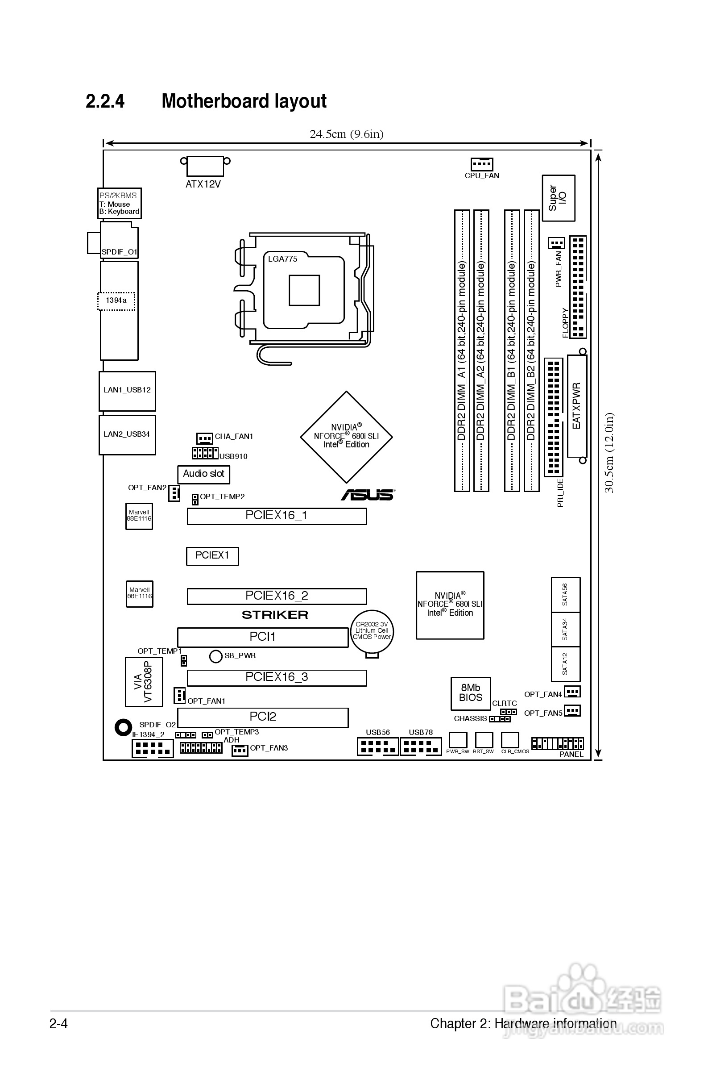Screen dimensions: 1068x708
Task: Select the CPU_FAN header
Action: pyautogui.click(x=481, y=164)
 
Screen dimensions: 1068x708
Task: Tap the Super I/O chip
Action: pyautogui.click(x=558, y=198)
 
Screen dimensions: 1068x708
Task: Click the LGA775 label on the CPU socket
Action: pyautogui.click(x=283, y=259)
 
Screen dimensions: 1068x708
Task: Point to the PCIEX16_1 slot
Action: pyautogui.click(x=276, y=516)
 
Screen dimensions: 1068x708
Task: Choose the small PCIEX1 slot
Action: pyautogui.click(x=212, y=556)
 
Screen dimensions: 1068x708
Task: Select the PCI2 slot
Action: pyautogui.click(x=262, y=717)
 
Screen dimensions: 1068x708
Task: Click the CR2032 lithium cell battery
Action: pyautogui.click(x=372, y=631)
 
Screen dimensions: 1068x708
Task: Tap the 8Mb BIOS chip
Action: pyautogui.click(x=471, y=693)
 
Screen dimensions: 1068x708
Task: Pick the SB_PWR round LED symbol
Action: pyautogui.click(x=216, y=656)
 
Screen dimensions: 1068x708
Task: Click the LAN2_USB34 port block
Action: pyautogui.click(x=127, y=434)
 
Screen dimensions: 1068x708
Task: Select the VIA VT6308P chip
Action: pyautogui.click(x=144, y=682)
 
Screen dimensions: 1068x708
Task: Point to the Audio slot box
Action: pyautogui.click(x=203, y=474)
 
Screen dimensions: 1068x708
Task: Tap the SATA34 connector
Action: pyautogui.click(x=565, y=629)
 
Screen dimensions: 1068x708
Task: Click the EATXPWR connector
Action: pyautogui.click(x=576, y=406)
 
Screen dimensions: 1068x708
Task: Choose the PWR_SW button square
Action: pyautogui.click(x=457, y=739)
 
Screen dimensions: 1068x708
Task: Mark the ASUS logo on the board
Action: pyautogui.click(x=368, y=495)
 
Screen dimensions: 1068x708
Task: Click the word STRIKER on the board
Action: pyautogui.click(x=275, y=615)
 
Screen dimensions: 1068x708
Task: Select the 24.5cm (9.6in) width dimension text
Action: pyautogui.click(x=346, y=134)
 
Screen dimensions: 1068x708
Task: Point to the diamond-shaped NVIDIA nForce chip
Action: pyautogui.click(x=346, y=437)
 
